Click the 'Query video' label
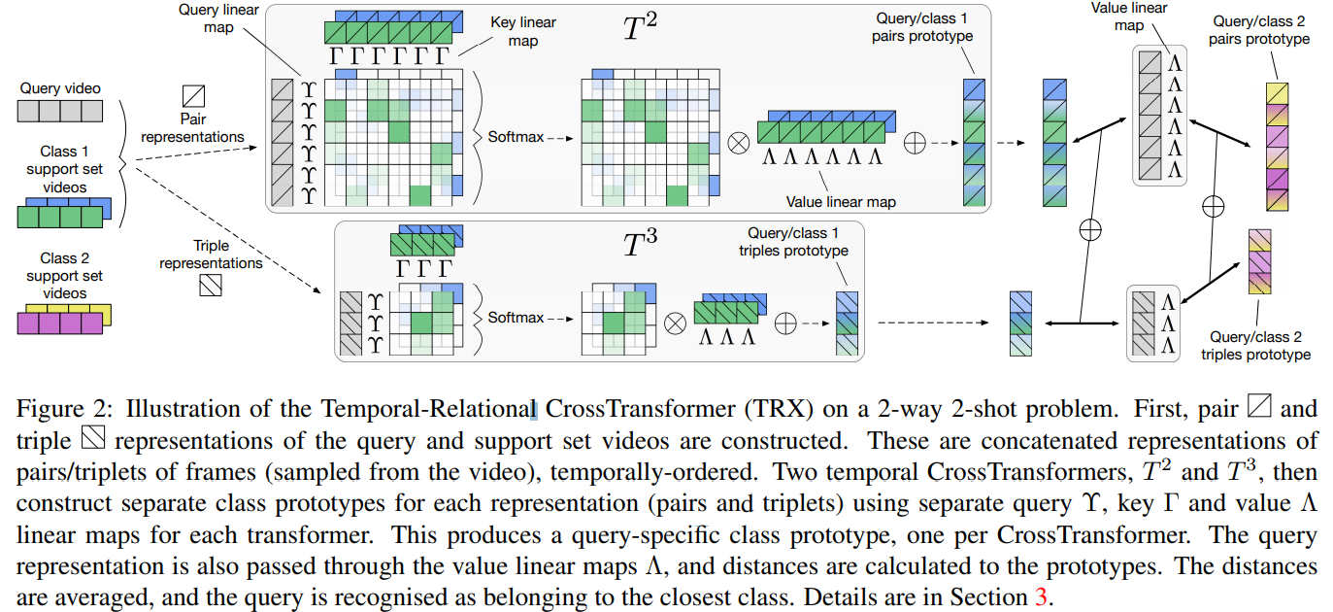point(60,88)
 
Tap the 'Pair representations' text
point(192,128)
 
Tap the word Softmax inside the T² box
point(516,136)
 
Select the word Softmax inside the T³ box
point(516,318)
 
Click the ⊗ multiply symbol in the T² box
point(739,143)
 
